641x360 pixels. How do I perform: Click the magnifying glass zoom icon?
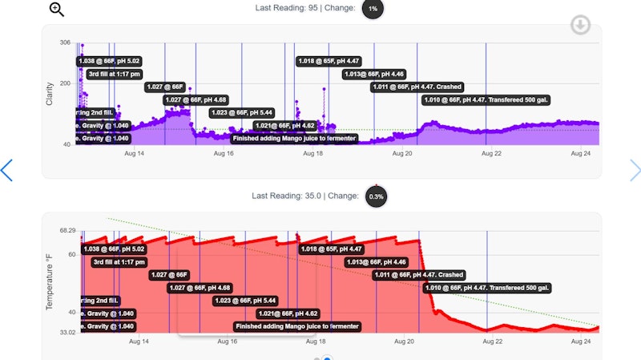coord(56,10)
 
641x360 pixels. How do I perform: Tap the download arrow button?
coord(580,26)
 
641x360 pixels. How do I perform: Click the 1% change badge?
coord(373,9)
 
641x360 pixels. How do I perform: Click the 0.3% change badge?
coord(375,196)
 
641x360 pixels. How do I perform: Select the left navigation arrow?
coord(6,170)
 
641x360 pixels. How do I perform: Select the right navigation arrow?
coord(635,170)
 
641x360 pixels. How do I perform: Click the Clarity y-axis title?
coord(50,93)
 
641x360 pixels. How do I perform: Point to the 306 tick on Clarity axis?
coord(65,42)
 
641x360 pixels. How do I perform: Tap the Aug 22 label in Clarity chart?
coord(491,152)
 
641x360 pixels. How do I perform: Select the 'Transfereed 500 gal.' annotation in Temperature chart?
coord(487,288)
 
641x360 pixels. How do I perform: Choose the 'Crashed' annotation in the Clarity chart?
coord(417,87)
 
